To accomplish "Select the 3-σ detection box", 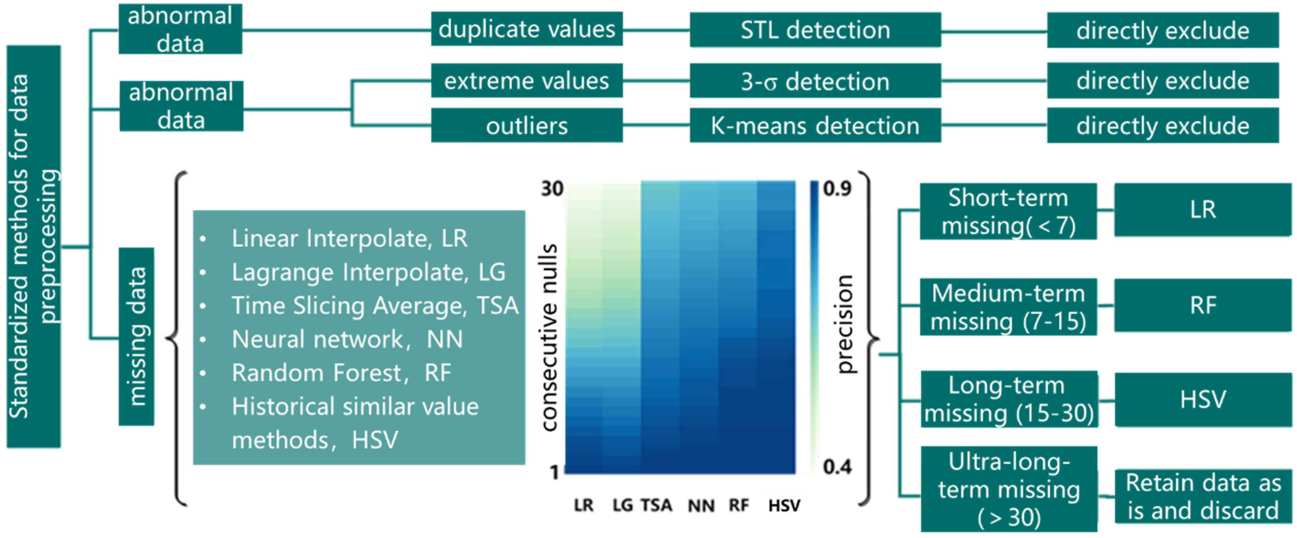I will click(815, 81).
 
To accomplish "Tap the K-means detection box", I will click(815, 125).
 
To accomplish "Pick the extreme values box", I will click(527, 81).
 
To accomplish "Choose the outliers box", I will click(527, 125).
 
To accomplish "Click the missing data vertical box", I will click(136, 337).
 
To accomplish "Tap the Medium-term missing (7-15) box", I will click(1008, 307).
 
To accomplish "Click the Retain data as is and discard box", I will click(1203, 497).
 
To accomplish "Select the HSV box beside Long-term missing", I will click(1203, 399).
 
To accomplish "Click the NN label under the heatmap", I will click(701, 505).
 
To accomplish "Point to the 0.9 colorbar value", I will click(837, 189).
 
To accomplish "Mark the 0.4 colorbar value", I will click(837, 467).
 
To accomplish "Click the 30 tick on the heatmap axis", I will click(552, 189).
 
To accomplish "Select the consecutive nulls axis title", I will click(550, 338).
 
